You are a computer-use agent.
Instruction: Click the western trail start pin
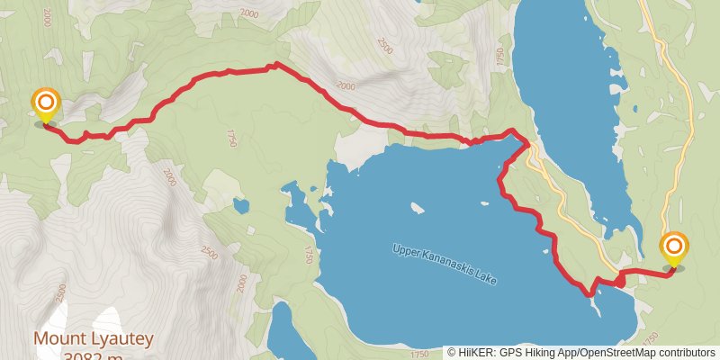(44, 104)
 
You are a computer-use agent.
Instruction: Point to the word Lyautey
(119, 339)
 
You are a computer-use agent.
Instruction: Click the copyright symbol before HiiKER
(453, 352)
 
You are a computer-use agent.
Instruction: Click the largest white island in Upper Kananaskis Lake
(417, 208)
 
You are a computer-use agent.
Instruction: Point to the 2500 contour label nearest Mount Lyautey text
(60, 294)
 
